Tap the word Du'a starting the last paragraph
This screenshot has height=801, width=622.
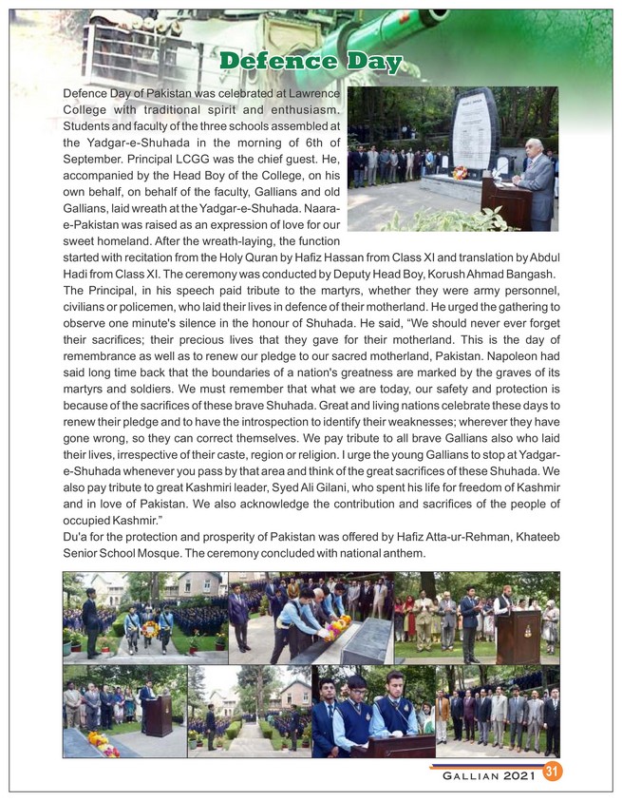tap(76, 537)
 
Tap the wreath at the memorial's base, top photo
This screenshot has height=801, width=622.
tap(461, 173)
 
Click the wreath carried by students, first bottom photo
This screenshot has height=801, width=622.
tap(149, 628)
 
